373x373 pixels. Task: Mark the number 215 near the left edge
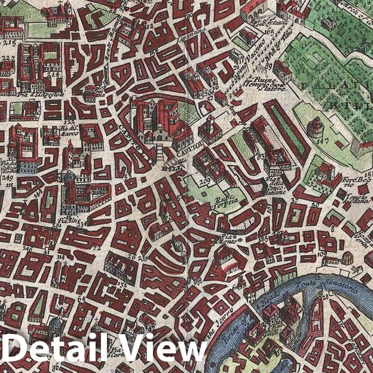(x=9, y=44)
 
